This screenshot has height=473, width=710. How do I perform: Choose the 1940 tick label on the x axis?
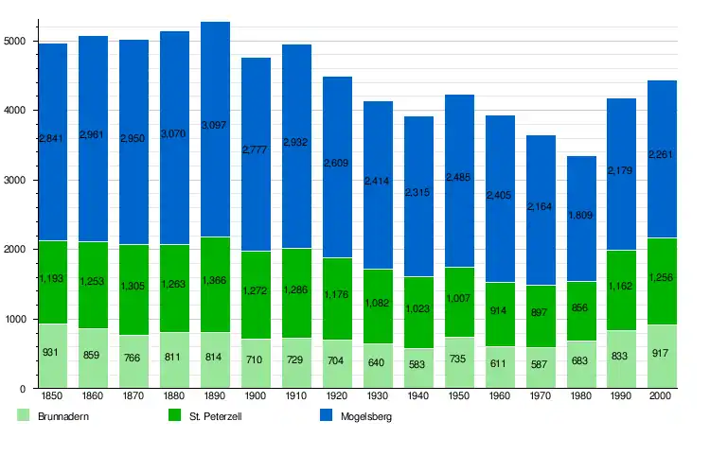[x=418, y=394]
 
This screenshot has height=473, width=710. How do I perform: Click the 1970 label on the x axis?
[x=541, y=394]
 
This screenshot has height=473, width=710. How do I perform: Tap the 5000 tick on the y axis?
[x=15, y=41]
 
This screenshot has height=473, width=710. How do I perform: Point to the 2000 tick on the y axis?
[x=15, y=250]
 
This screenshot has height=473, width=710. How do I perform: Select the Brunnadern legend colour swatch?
[x=23, y=414]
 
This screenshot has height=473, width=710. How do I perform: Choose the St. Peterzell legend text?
[x=213, y=415]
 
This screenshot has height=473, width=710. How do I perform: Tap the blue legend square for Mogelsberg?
[x=326, y=414]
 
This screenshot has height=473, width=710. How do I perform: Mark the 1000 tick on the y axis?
[x=15, y=320]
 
